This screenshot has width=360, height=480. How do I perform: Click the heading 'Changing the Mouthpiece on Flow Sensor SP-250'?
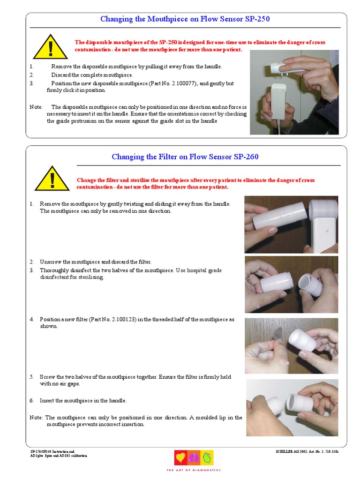point(185,19)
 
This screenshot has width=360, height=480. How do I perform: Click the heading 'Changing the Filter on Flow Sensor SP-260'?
point(185,157)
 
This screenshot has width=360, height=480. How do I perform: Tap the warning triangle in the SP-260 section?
point(52,180)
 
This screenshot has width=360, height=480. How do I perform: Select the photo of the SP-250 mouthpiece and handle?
point(294,92)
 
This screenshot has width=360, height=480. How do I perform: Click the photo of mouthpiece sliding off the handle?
point(291,225)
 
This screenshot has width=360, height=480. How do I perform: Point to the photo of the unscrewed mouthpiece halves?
point(291,285)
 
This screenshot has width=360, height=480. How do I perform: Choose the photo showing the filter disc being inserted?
point(291,345)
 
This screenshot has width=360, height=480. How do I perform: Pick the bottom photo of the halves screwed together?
point(292,407)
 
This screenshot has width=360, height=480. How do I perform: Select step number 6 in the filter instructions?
point(32,401)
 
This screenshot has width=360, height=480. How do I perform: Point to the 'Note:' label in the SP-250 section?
point(36,107)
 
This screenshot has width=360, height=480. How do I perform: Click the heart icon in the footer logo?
point(180,457)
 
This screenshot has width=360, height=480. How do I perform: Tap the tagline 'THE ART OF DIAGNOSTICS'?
point(194,470)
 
